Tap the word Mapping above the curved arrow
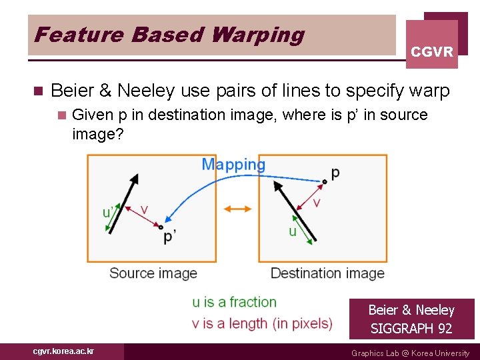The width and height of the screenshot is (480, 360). (x=233, y=164)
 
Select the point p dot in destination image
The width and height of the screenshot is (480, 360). (x=325, y=181)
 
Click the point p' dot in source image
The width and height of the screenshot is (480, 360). (x=161, y=227)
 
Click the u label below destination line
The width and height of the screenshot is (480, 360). (x=292, y=231)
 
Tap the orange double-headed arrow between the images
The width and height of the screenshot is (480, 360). (x=237, y=209)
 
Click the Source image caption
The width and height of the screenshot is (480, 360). (x=153, y=273)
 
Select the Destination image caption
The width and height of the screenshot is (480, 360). (x=327, y=273)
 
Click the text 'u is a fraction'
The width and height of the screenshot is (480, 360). (x=234, y=302)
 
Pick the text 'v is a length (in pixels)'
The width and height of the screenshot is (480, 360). (x=262, y=323)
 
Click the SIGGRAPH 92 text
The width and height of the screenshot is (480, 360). (x=411, y=328)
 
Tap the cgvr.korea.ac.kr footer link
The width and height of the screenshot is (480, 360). (x=63, y=351)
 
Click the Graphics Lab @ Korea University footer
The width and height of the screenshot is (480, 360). (x=410, y=353)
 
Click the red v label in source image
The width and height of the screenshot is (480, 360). (x=144, y=210)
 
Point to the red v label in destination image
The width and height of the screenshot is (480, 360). (x=317, y=202)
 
